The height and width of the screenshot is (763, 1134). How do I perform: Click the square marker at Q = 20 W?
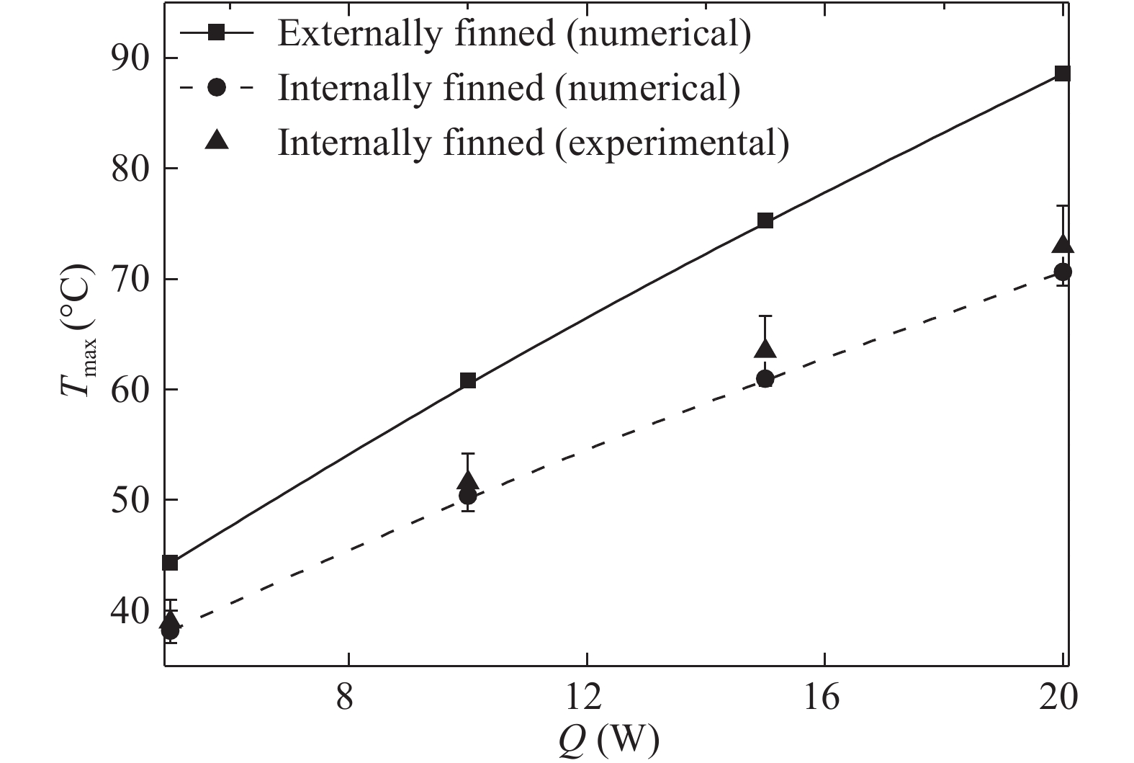pyautogui.click(x=1062, y=73)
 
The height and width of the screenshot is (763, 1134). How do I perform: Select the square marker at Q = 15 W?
pyautogui.click(x=765, y=220)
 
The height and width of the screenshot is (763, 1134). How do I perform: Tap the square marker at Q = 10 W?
pyautogui.click(x=468, y=380)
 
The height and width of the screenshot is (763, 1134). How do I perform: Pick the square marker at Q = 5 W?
pyautogui.click(x=171, y=563)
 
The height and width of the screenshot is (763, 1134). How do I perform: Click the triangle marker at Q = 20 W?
pyautogui.click(x=1063, y=245)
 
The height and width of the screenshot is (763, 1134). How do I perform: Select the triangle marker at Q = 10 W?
pyautogui.click(x=468, y=481)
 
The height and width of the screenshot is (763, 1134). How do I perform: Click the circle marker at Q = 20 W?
pyautogui.click(x=1063, y=272)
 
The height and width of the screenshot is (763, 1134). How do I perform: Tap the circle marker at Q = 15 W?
pyautogui.click(x=765, y=379)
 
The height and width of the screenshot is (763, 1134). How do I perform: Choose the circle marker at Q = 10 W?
pyautogui.click(x=468, y=496)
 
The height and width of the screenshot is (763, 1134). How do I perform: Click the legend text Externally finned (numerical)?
pyautogui.click(x=514, y=34)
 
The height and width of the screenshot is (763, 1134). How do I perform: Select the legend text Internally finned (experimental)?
pyautogui.click(x=533, y=142)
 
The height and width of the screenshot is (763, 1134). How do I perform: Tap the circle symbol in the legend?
pyautogui.click(x=216, y=87)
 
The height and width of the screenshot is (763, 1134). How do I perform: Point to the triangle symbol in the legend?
pyautogui.click(x=216, y=140)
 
